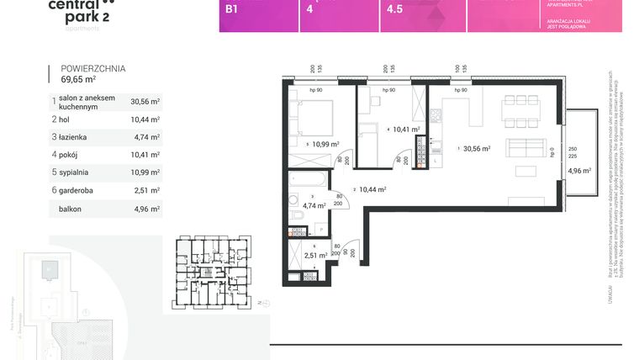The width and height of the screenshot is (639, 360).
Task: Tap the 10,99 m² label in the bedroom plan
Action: tap(325, 144)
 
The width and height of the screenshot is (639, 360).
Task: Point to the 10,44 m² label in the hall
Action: tap(373, 190)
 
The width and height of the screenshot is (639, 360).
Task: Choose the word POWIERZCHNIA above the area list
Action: tap(87, 70)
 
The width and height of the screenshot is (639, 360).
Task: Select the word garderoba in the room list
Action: tap(82, 189)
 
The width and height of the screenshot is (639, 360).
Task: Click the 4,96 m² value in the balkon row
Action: tap(145, 208)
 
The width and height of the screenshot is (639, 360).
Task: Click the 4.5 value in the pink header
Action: tap(393, 11)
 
